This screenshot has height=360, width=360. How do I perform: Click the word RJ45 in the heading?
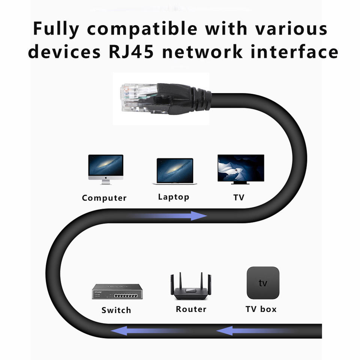point(131,52)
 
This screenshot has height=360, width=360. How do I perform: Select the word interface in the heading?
point(294,52)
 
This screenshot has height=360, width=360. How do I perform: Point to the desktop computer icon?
point(105,169)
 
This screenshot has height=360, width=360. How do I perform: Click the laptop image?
point(174,171)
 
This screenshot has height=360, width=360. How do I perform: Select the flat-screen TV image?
point(241,169)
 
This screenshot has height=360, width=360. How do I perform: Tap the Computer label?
point(104,198)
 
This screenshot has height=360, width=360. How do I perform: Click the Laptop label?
point(174,197)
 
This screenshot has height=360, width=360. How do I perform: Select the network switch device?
point(117,291)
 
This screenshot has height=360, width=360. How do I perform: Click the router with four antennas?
point(191,287)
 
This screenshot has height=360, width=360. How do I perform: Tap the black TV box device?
point(263,283)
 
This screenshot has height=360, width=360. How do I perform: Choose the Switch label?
point(116,310)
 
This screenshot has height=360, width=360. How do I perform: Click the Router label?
point(191,309)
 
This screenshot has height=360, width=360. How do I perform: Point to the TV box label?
point(261,309)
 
